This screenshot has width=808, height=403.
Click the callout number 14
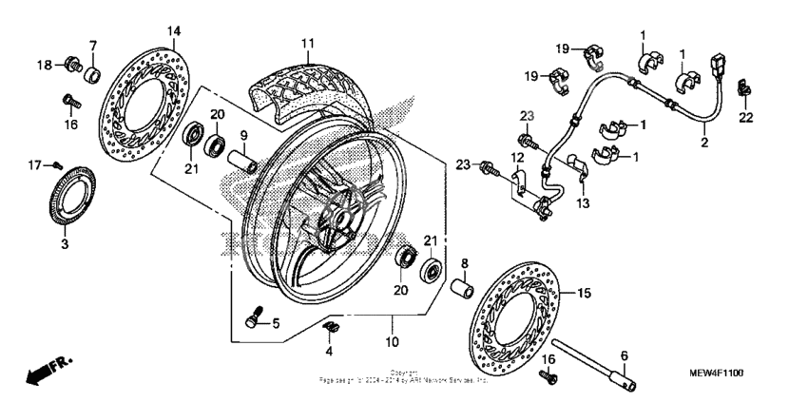click(x=173, y=31)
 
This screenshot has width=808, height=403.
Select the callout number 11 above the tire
click(x=307, y=44)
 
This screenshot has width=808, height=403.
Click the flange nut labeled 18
click(x=70, y=65)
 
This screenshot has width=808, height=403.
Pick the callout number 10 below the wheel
click(x=391, y=339)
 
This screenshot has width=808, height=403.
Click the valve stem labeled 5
click(x=254, y=320)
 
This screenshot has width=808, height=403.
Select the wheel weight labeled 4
click(x=332, y=328)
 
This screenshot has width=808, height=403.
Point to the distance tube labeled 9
click(x=247, y=162)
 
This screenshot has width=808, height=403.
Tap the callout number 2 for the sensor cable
click(x=704, y=144)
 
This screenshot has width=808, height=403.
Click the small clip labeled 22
click(x=744, y=92)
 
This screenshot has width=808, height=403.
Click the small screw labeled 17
click(x=56, y=165)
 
